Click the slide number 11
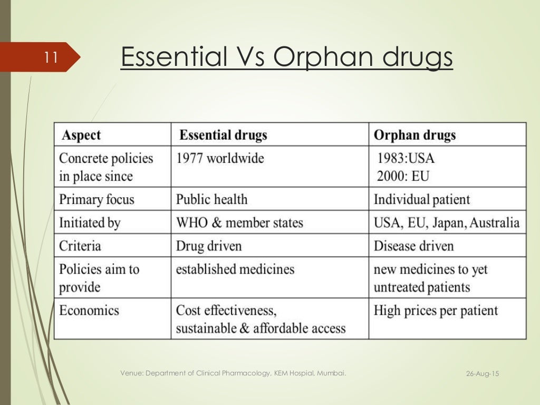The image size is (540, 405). [x=51, y=57]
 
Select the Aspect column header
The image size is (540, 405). [x=81, y=136]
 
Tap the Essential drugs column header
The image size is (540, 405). [x=224, y=136]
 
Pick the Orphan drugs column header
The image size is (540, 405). [x=414, y=136]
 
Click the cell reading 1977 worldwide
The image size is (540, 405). [x=220, y=158]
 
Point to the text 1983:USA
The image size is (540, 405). [x=406, y=158]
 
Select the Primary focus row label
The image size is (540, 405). [x=97, y=199]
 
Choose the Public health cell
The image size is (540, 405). [x=211, y=199]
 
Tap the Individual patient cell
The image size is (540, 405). [x=421, y=199]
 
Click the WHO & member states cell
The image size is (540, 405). [x=239, y=223]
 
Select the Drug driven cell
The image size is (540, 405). [x=209, y=246]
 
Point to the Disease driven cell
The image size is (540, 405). [x=413, y=246]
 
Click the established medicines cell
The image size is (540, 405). [x=235, y=269]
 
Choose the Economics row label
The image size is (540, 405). [x=89, y=310]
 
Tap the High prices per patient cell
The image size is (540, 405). [x=436, y=310]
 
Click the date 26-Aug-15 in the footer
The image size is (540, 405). [x=483, y=374]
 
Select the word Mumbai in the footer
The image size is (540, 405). [x=333, y=373]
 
